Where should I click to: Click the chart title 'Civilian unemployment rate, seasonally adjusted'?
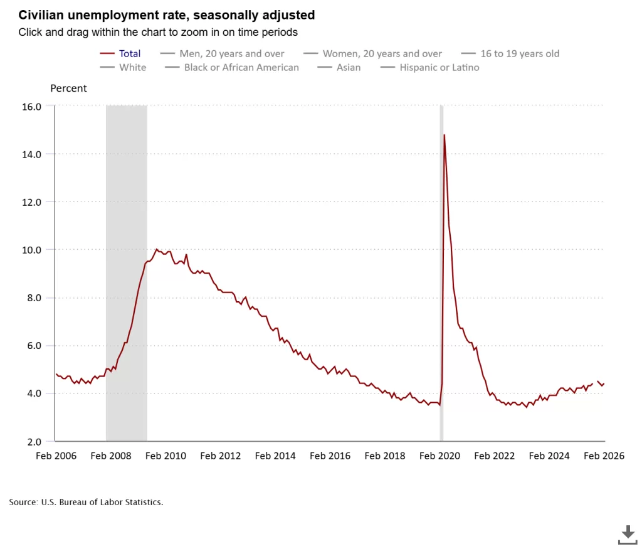(x=167, y=14)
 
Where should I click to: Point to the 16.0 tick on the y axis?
(x=31, y=107)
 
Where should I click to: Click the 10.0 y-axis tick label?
(x=31, y=250)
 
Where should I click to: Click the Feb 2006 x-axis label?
(x=56, y=456)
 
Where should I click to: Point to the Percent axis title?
(x=68, y=88)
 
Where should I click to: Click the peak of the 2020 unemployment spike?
(x=444, y=135)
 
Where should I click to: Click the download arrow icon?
(x=627, y=534)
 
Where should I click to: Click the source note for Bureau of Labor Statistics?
(x=86, y=502)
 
